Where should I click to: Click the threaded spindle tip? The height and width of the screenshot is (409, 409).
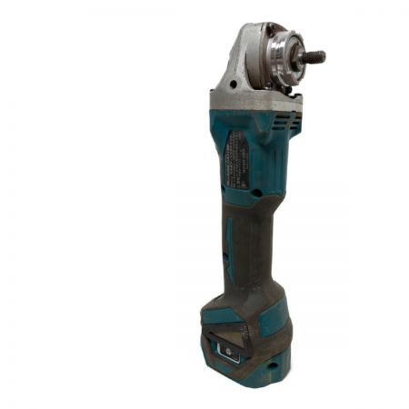click(317, 57)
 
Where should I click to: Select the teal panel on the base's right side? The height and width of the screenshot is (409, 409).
click(274, 318)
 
